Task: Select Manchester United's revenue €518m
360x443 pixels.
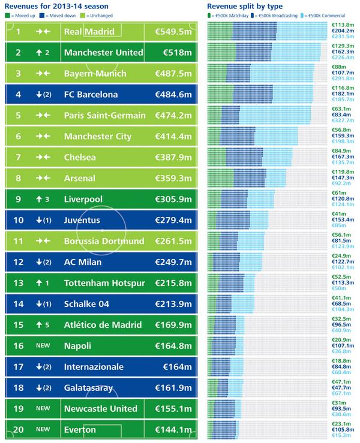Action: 177,53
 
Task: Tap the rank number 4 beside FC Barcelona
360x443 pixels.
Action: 19,95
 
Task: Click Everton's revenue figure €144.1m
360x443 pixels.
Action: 175,430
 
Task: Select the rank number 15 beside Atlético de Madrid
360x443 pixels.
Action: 19,325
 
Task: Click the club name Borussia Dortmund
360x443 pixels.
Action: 104,241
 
